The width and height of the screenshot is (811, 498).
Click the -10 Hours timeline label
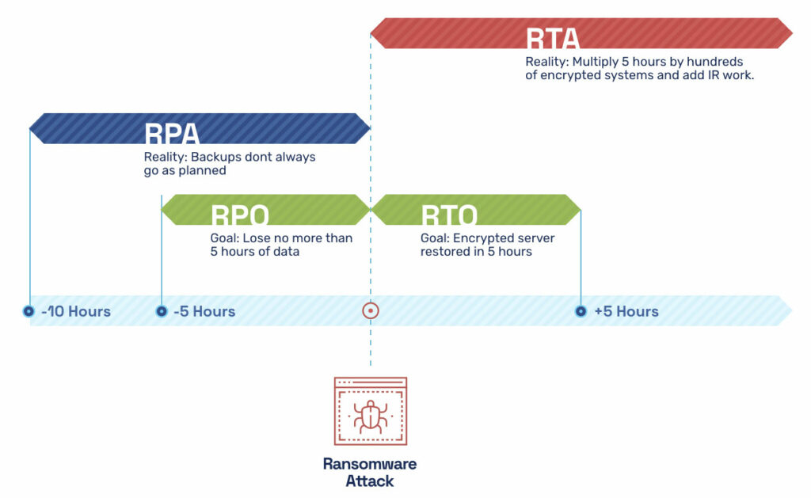click(75, 311)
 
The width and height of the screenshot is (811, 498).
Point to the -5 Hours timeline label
click(204, 311)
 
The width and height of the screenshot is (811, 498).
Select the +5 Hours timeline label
click(626, 311)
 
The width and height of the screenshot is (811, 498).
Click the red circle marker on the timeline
click(370, 310)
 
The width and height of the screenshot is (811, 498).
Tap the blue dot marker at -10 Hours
click(29, 311)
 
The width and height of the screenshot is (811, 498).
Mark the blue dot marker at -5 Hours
click(161, 311)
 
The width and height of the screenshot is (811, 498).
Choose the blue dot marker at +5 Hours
click(581, 311)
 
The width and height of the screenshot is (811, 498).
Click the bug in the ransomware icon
click(370, 415)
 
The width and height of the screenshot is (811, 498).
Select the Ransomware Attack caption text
click(370, 472)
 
